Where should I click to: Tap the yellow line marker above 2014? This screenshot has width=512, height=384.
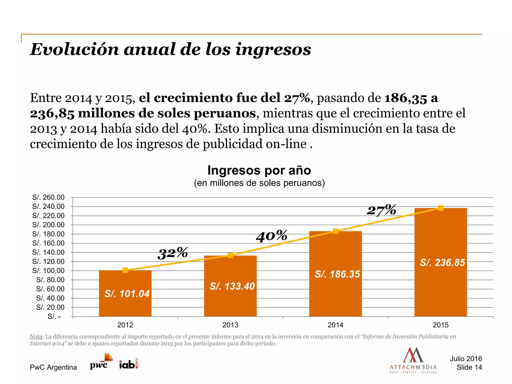point(335,231)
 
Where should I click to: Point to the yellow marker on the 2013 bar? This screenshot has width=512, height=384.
point(230,255)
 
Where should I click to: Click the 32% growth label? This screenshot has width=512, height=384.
point(173,253)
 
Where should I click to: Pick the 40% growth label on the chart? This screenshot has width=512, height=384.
point(272,236)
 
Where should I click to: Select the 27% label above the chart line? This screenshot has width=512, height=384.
point(381,210)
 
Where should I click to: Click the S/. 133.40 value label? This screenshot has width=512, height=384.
point(232,286)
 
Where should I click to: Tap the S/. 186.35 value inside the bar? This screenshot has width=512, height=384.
point(337,274)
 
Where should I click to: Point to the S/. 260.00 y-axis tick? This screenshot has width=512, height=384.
point(48,197)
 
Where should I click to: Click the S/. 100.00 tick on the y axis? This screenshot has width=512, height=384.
point(48,270)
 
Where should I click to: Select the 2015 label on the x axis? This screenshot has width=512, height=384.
point(440,325)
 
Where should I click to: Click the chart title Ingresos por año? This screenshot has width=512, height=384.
point(259,170)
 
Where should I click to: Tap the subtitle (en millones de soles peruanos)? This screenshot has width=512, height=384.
point(259,183)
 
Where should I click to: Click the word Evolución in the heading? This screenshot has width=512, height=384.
point(74,49)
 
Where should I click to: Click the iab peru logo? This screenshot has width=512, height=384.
point(128,364)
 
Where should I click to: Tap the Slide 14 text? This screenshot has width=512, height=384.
point(469,367)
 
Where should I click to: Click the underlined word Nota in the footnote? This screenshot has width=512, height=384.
point(36,336)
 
